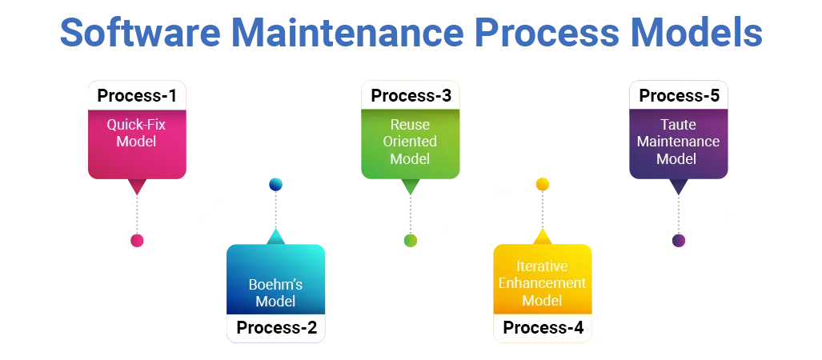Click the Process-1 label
(x=137, y=96)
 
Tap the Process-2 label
(x=276, y=327)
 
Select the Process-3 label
(x=411, y=96)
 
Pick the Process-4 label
(x=543, y=327)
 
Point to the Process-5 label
(x=679, y=96)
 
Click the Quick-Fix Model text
(x=136, y=133)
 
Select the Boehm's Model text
(x=275, y=293)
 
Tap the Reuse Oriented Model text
(x=410, y=142)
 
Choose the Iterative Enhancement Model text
(x=542, y=283)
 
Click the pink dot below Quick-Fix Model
(x=137, y=241)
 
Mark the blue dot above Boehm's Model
(x=275, y=184)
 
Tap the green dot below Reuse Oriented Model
(x=411, y=240)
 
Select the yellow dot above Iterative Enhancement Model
(x=543, y=184)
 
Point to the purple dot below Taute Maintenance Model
(x=679, y=240)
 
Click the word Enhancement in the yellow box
(x=542, y=283)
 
